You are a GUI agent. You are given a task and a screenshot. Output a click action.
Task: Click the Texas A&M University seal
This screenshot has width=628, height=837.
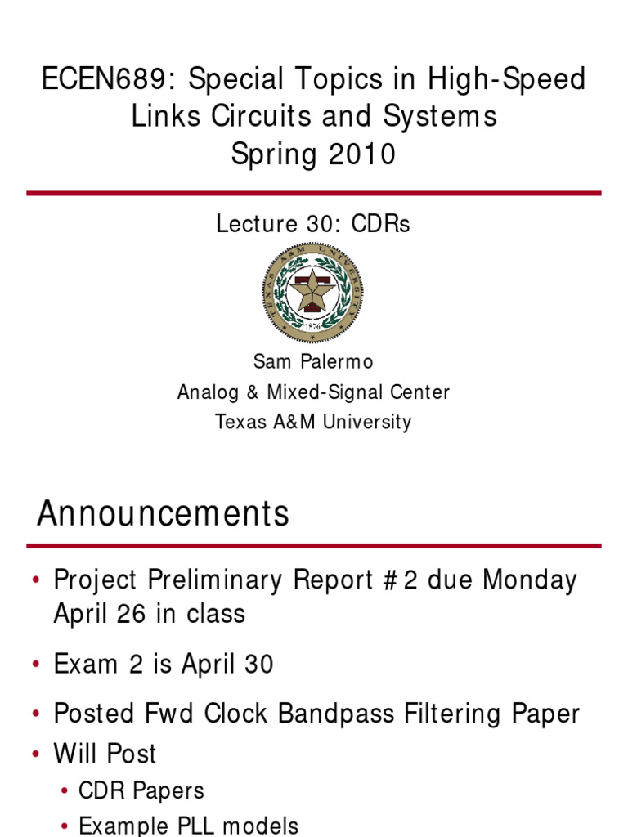point(312,293)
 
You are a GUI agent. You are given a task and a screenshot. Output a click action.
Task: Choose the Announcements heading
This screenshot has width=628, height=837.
point(164,515)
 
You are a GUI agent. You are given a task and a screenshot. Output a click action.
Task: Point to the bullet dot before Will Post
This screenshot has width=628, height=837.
point(36,754)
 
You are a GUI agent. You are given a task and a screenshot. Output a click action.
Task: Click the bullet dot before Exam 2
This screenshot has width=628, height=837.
point(36,665)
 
